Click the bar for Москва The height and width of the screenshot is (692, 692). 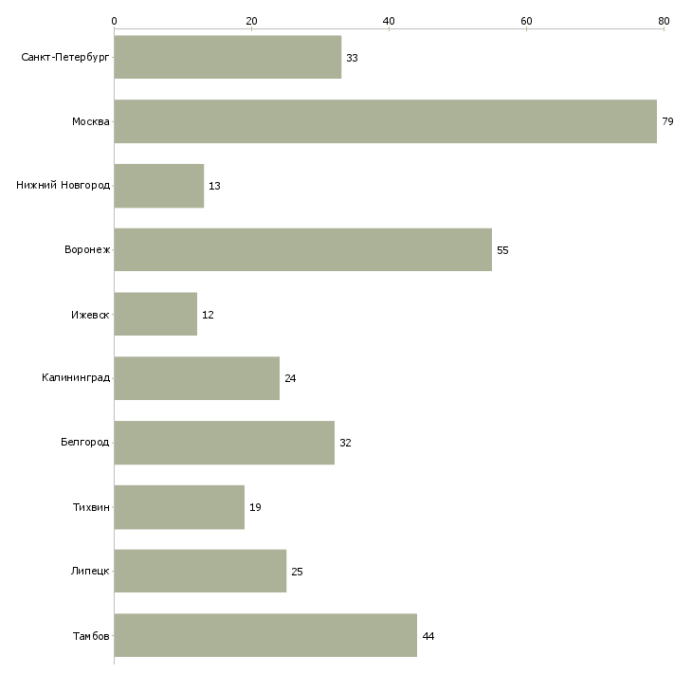385,121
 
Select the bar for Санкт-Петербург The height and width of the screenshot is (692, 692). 228,57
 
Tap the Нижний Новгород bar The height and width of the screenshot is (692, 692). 159,186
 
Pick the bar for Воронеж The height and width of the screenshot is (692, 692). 302,250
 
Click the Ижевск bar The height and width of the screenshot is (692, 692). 155,314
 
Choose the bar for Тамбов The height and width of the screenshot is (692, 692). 265,635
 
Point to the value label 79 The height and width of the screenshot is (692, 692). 667,121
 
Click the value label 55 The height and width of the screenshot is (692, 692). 502,250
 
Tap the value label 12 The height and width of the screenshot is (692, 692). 208,315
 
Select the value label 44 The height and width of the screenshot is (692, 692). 428,636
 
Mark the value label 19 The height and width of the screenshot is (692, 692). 255,507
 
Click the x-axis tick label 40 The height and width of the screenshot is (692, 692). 389,21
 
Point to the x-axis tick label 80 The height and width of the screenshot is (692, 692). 664,21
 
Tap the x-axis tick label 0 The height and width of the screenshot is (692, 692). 115,21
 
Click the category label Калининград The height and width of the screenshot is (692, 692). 76,378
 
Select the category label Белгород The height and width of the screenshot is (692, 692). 84,442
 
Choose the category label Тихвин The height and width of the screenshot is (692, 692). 91,507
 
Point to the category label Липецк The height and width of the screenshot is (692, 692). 90,571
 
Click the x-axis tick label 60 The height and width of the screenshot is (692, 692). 526,21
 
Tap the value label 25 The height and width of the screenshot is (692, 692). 297,572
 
